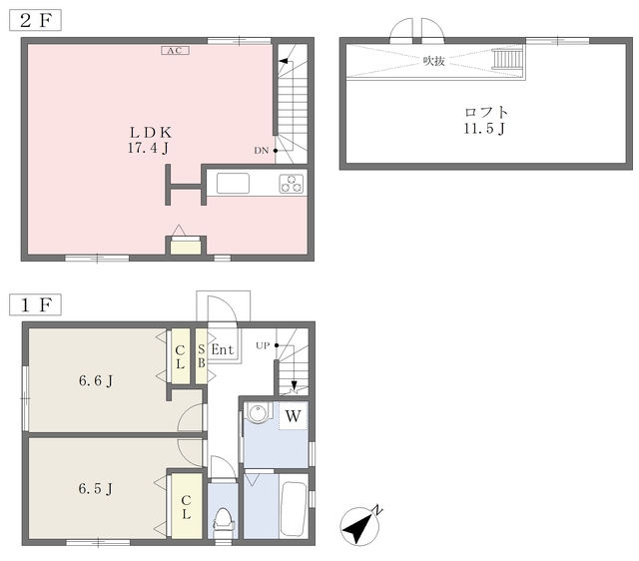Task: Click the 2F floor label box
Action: pyautogui.click(x=36, y=20)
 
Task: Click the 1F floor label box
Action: pyautogui.click(x=36, y=304)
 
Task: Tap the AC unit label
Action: pyautogui.click(x=176, y=51)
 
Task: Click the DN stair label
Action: pyautogui.click(x=262, y=151)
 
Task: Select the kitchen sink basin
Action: pyautogui.click(x=233, y=184)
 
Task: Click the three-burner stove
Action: pyautogui.click(x=292, y=184)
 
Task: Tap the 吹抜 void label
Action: pyautogui.click(x=433, y=61)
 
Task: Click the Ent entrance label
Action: pyautogui.click(x=223, y=349)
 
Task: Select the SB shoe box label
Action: pyautogui.click(x=202, y=356)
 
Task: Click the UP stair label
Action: pyautogui.click(x=263, y=346)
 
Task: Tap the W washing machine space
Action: pyautogui.click(x=293, y=416)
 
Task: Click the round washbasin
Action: pyautogui.click(x=258, y=414)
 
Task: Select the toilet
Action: pyautogui.click(x=223, y=520)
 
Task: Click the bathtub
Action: pyautogui.click(x=294, y=508)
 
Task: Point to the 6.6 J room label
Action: pyautogui.click(x=96, y=381)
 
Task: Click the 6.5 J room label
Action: pyautogui.click(x=96, y=488)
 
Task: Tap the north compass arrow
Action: pyautogui.click(x=359, y=527)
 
